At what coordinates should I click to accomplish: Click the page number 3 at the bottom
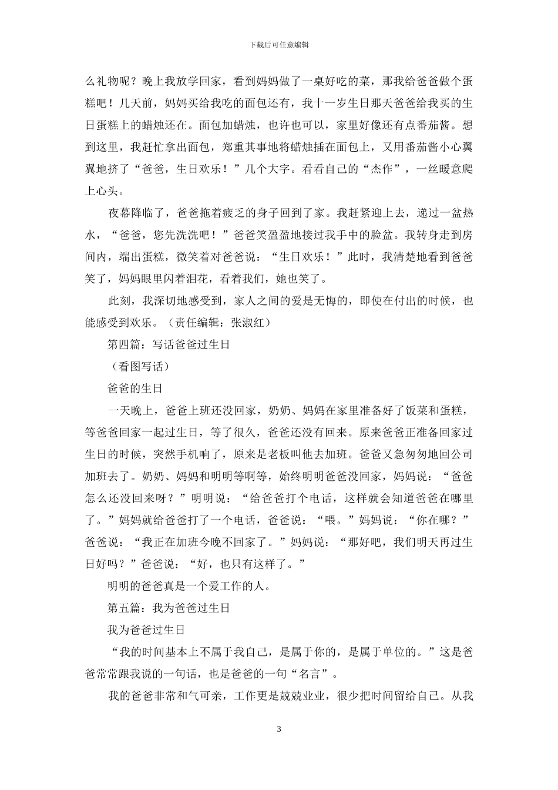pyautogui.click(x=279, y=729)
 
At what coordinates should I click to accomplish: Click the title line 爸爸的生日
pyautogui.click(x=135, y=389)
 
